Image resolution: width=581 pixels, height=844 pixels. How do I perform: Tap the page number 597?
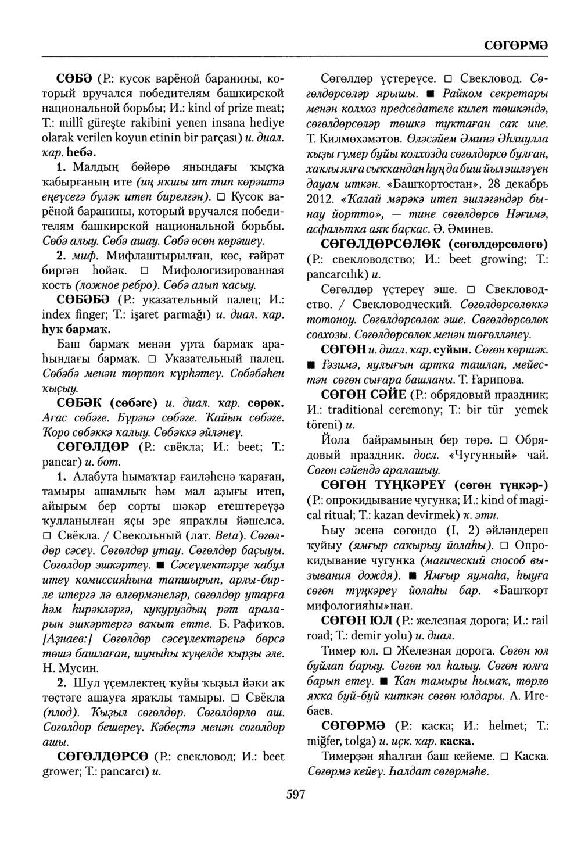pyautogui.click(x=295, y=795)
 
